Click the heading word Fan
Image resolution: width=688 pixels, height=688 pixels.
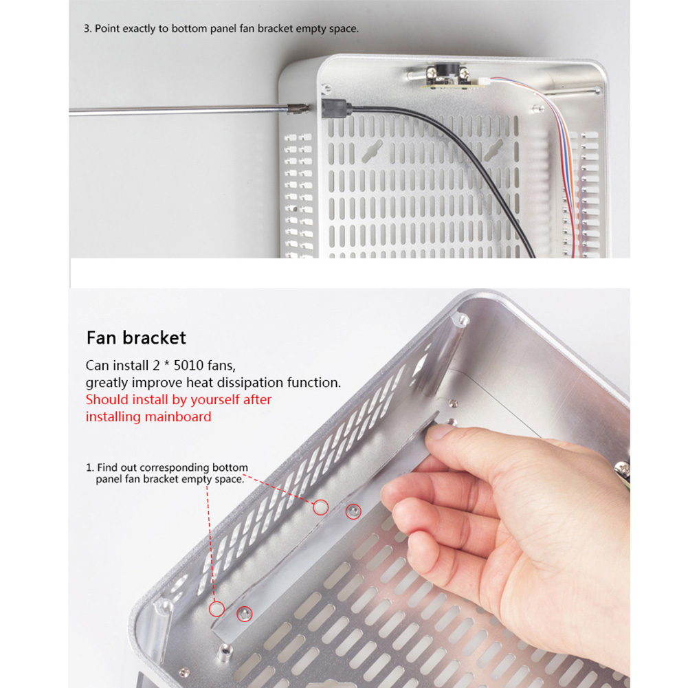click(102, 338)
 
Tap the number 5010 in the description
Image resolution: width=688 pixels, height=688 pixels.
click(189, 366)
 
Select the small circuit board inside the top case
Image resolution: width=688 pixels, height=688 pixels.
click(453, 82)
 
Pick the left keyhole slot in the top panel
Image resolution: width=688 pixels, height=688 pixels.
click(372, 151)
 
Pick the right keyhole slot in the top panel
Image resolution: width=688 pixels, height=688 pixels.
click(493, 151)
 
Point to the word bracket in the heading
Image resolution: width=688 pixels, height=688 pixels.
click(155, 338)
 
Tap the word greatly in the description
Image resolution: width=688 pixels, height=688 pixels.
click(107, 383)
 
